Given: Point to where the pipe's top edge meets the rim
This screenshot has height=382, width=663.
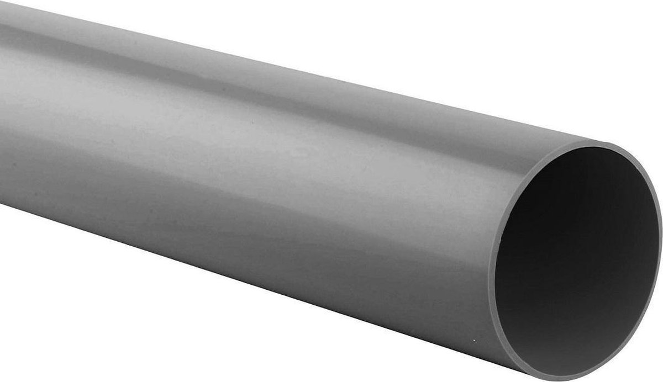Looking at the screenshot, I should pyautogui.click(x=575, y=145).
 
